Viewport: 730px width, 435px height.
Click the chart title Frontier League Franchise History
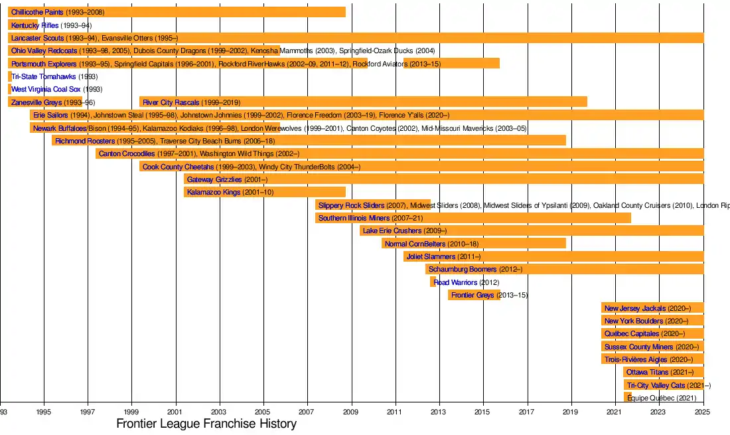click(x=206, y=424)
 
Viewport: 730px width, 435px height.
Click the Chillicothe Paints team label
click(x=37, y=13)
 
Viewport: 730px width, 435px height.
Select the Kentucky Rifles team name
click(x=35, y=25)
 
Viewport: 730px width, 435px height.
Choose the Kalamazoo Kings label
click(x=213, y=192)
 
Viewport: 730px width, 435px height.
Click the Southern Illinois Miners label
click(x=354, y=218)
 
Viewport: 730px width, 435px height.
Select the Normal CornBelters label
click(x=415, y=244)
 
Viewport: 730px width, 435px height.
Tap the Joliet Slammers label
click(x=431, y=256)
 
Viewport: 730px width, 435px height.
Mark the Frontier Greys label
click(x=473, y=295)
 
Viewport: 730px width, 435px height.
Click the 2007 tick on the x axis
click(x=307, y=412)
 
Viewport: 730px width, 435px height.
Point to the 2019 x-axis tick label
click(x=570, y=412)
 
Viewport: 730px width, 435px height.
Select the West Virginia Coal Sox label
click(x=46, y=89)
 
